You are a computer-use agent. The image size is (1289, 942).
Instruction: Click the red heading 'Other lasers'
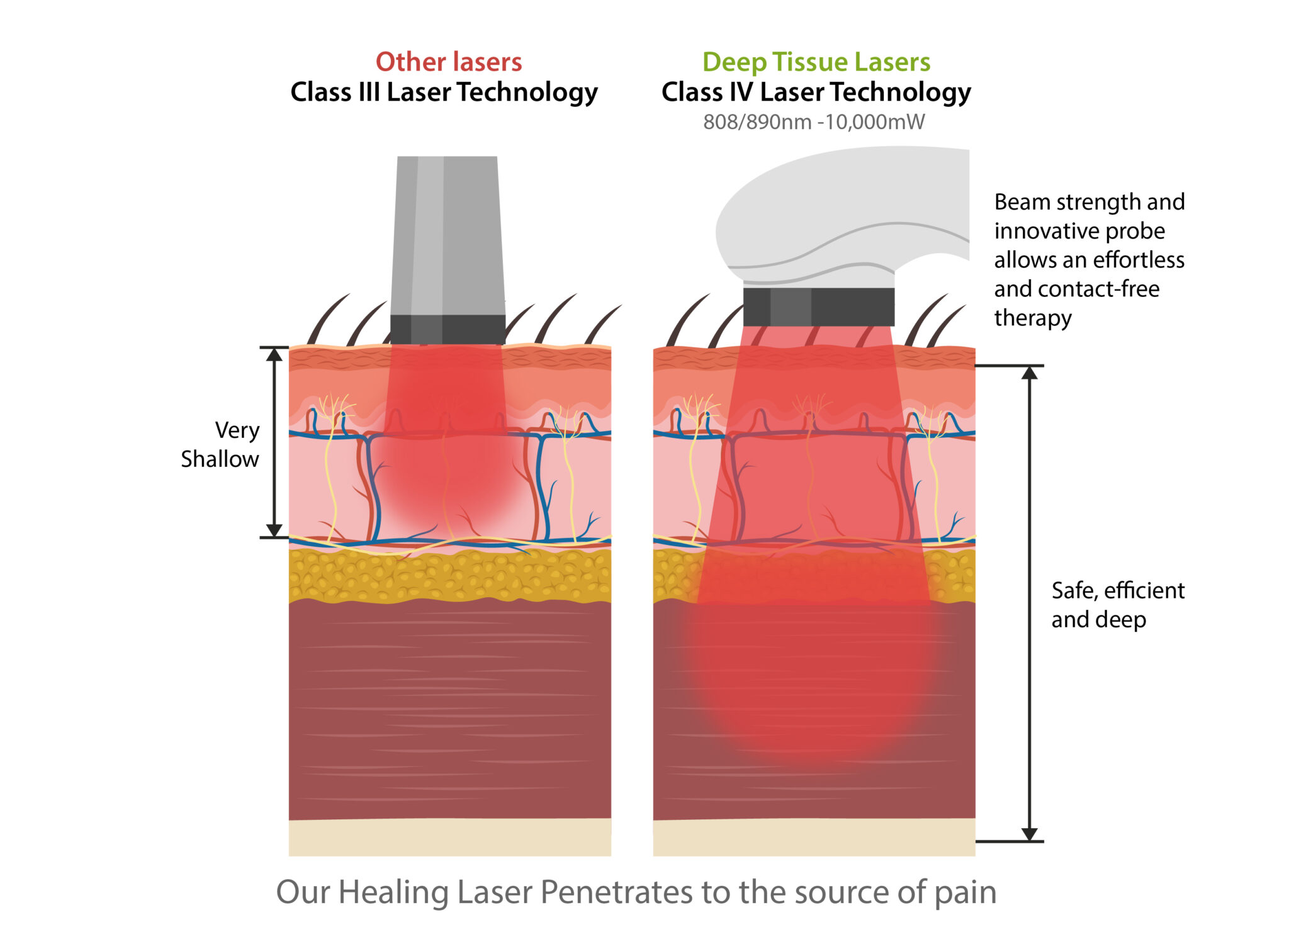click(x=449, y=62)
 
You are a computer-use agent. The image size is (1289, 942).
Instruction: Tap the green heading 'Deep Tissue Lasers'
click(x=816, y=62)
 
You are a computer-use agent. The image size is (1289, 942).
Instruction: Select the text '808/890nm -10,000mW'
click(x=814, y=121)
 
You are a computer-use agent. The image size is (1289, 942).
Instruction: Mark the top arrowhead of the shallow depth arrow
click(x=274, y=354)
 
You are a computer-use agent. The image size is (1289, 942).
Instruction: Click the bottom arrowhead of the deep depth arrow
click(x=1029, y=834)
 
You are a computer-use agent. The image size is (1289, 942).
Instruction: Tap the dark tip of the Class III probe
click(x=447, y=329)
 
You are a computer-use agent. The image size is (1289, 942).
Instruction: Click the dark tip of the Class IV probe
click(x=818, y=306)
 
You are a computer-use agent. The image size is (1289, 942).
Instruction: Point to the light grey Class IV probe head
click(x=837, y=208)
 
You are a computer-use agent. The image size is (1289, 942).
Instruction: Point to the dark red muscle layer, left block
click(x=449, y=711)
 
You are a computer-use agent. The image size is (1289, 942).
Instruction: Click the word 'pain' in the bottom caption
click(x=965, y=892)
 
